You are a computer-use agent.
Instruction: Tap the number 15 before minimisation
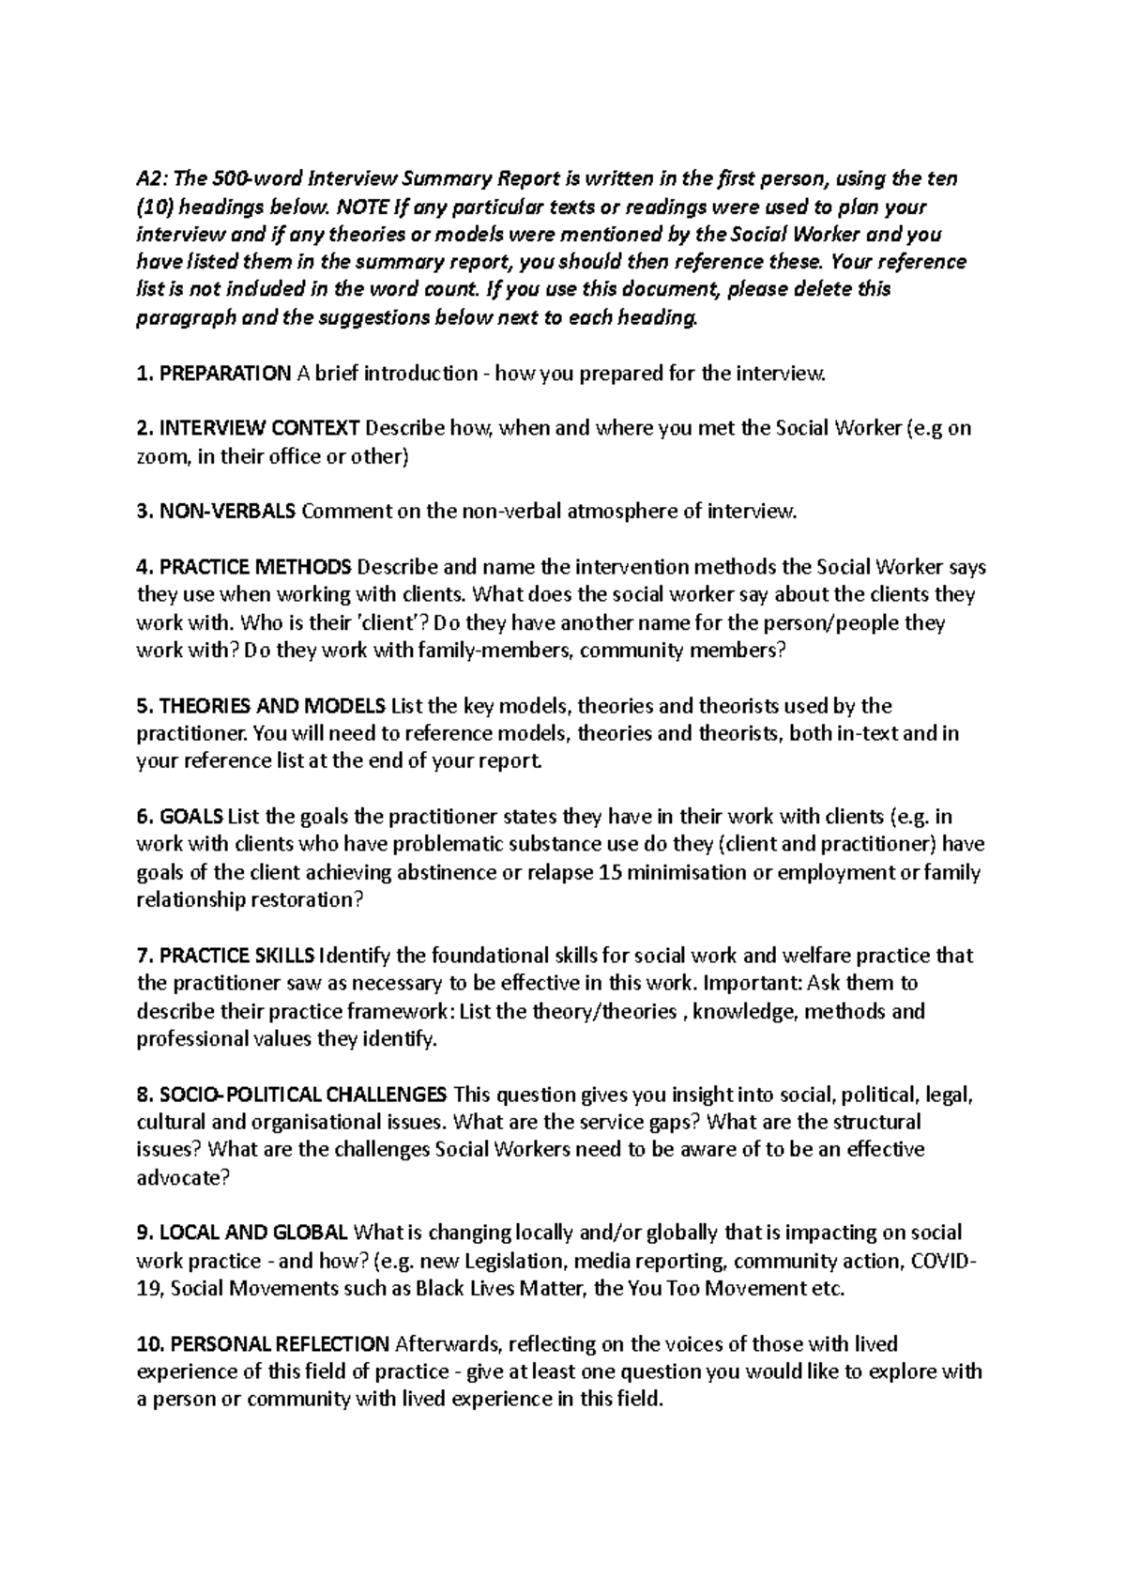tap(610, 872)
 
